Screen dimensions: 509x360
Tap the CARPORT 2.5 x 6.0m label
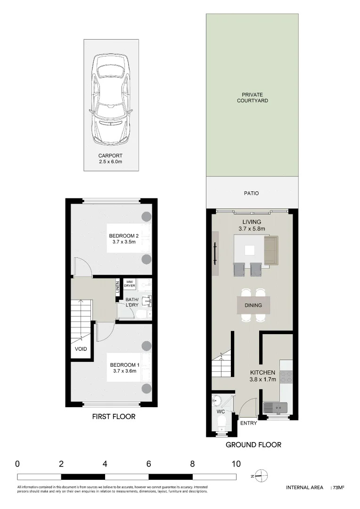(110, 159)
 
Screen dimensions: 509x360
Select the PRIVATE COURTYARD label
(253, 98)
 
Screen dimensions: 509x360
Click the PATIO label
(252, 193)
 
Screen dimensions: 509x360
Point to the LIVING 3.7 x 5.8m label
(252, 225)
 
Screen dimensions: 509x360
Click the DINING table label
(253, 305)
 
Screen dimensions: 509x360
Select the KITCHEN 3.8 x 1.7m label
(262, 376)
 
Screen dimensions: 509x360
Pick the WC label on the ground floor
(221, 411)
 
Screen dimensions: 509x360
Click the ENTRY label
(248, 423)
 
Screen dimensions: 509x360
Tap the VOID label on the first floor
(81, 350)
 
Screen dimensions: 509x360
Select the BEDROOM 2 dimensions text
(124, 242)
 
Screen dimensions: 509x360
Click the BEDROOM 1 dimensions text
(124, 371)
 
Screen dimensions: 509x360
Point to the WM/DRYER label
(130, 284)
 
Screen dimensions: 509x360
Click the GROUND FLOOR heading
(253, 444)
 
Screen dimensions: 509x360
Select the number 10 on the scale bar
(236, 464)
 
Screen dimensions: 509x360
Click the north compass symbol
(262, 475)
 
